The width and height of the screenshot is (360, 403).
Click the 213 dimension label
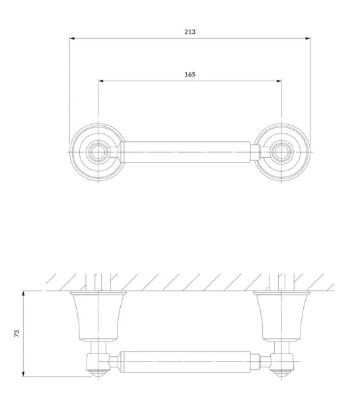click(x=190, y=32)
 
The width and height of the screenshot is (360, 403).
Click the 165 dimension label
click(x=190, y=74)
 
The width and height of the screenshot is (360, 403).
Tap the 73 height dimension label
click(x=17, y=334)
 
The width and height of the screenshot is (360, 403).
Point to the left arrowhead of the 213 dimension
click(x=72, y=38)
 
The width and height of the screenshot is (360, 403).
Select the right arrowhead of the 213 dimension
click(x=308, y=38)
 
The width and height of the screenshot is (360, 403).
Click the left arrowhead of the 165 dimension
click(x=100, y=81)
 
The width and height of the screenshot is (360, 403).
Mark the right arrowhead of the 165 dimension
click(x=279, y=81)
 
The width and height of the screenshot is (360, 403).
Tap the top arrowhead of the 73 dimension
click(x=23, y=293)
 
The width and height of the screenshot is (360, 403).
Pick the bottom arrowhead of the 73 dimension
click(x=23, y=374)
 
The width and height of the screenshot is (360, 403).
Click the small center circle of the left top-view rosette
click(x=98, y=152)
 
